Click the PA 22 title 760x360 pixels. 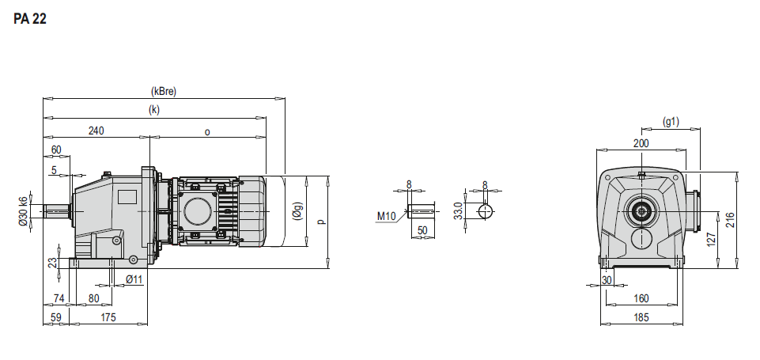point(30,20)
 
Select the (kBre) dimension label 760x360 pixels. point(164,91)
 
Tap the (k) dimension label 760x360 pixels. point(154,110)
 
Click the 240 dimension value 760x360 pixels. point(96,131)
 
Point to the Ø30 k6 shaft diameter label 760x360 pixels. point(23,211)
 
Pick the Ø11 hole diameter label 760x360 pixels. point(134,279)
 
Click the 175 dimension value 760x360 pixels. point(108,317)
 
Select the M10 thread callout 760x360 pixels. point(386,216)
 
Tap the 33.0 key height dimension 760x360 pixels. point(459,211)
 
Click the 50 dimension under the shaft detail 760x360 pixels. point(422,230)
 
